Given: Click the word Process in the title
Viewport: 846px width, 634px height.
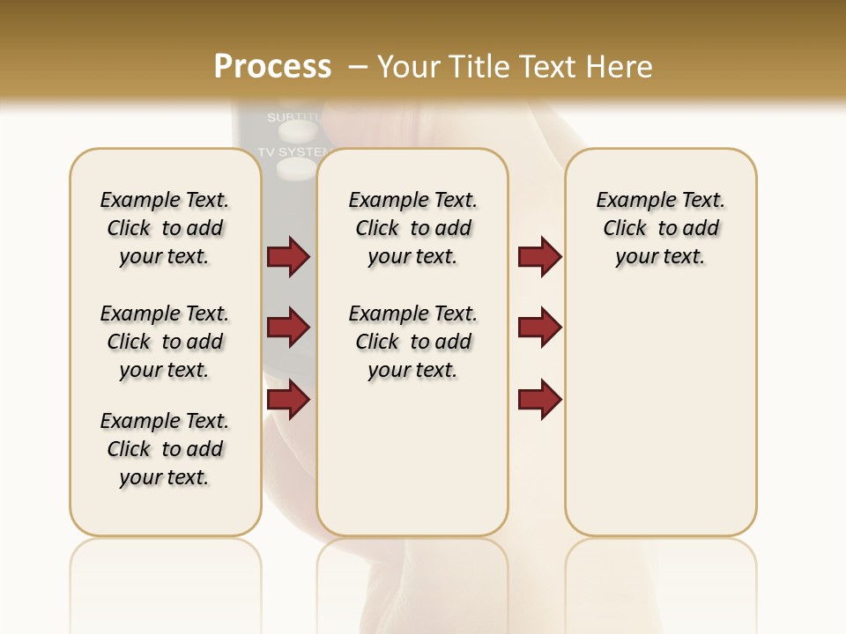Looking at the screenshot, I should tap(272, 67).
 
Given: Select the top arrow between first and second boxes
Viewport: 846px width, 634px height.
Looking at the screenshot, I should tap(288, 257).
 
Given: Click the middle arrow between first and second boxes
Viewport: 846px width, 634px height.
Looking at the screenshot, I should tap(288, 328).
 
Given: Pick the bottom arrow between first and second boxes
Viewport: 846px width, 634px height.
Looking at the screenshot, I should tap(288, 400).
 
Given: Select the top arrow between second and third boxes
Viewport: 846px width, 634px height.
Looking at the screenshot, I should tap(539, 257).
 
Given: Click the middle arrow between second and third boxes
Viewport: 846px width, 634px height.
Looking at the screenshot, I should tap(539, 328).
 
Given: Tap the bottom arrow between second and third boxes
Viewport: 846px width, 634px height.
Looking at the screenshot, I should tap(539, 400).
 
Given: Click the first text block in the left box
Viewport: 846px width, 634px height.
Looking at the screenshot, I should tap(165, 228).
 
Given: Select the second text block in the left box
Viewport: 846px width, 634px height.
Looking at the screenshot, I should tap(165, 342).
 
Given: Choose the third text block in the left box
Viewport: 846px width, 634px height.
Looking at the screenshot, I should tap(165, 449).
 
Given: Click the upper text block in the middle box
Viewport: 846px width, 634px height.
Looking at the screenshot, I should tap(412, 228).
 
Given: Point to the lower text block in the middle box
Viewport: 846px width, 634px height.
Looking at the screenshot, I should tap(412, 342).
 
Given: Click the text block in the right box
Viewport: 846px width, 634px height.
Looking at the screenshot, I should tap(661, 228).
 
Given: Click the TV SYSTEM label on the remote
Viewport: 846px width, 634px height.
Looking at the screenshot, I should tap(287, 151).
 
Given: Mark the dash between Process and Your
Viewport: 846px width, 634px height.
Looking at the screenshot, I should tap(357, 67).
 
